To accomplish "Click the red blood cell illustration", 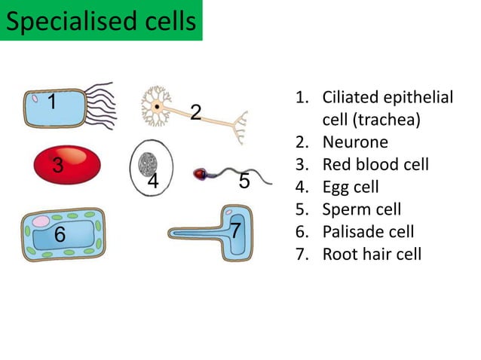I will pyautogui.click(x=68, y=166).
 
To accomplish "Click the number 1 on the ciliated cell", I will pyautogui.click(x=52, y=102).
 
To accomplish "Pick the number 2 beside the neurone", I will pyautogui.click(x=195, y=113).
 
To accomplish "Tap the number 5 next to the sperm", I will pyautogui.click(x=244, y=182).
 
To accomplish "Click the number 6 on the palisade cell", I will pyautogui.click(x=60, y=235).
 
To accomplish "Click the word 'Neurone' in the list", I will pyautogui.click(x=355, y=142).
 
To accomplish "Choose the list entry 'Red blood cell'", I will pyautogui.click(x=375, y=164).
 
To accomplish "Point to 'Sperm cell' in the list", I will pyautogui.click(x=361, y=209).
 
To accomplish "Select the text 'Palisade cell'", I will pyautogui.click(x=368, y=231).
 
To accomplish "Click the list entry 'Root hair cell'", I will pyautogui.click(x=372, y=254).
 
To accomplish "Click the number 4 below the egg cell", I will pyautogui.click(x=153, y=182).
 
